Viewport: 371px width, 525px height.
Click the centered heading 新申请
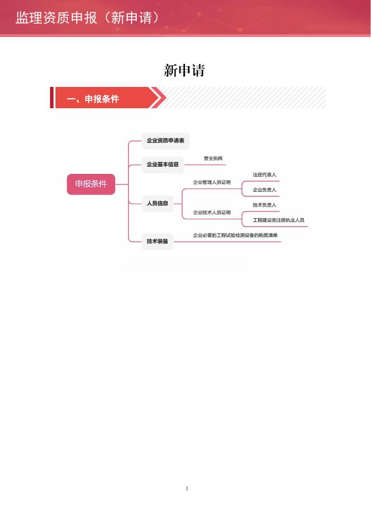tap(184, 71)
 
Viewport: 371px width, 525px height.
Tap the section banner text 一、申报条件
tap(93, 99)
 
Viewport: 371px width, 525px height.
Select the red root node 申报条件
tap(91, 184)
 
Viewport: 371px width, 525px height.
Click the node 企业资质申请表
tap(165, 140)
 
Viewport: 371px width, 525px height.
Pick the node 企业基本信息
tap(163, 164)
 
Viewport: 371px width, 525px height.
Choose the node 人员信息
tap(157, 203)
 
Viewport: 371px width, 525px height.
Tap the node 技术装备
tap(157, 241)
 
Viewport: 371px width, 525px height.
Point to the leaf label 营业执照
tap(213, 159)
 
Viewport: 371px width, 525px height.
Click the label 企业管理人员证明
tap(212, 182)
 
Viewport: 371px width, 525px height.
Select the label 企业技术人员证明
tap(212, 213)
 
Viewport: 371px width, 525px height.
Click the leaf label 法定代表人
tap(265, 175)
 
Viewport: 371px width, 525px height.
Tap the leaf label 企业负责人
tap(265, 190)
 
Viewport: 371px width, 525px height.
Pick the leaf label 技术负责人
tap(265, 205)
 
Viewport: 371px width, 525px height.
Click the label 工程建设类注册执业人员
tap(279, 220)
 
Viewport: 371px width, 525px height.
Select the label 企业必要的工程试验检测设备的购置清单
tap(235, 235)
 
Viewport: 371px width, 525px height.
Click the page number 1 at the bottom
tap(187, 489)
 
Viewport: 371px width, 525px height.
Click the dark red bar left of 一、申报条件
tap(52, 98)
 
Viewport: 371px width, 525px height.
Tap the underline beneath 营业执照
tap(206, 165)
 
